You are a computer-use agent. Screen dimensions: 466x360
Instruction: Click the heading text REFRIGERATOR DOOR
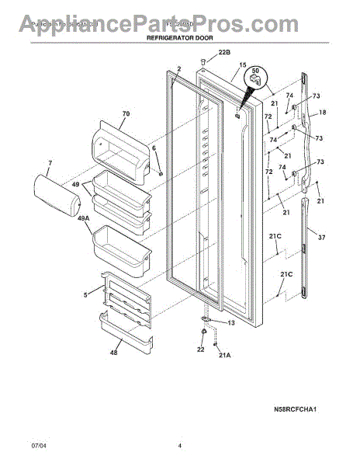click(180, 37)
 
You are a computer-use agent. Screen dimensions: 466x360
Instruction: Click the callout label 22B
click(224, 53)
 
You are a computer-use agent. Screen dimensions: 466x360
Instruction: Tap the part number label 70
click(126, 114)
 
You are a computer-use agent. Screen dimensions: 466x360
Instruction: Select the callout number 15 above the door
click(242, 65)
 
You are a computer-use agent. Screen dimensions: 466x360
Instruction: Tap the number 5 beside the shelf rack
click(85, 294)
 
